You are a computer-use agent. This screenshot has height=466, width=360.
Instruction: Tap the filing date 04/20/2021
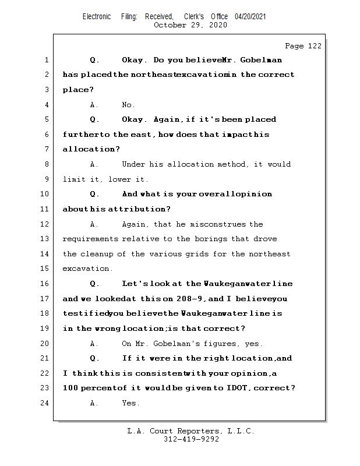point(250,16)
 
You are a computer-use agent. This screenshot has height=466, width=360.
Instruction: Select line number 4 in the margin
point(47,105)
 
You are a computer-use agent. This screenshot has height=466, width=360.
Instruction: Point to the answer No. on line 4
point(128,105)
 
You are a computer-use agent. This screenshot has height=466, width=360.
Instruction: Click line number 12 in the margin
point(45,224)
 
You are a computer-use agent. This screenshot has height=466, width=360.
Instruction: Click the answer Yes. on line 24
point(130,403)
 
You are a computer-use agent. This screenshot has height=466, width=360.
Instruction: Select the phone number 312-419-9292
point(192,439)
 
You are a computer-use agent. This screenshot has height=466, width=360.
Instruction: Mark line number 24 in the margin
point(45,403)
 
